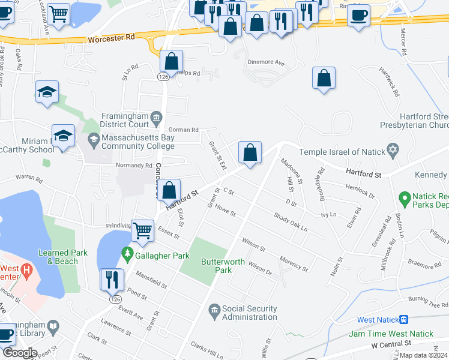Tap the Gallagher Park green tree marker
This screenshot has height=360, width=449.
tap(127, 256)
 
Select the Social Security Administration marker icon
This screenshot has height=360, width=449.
tap(214, 310)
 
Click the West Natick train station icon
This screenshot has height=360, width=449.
tap(405, 320)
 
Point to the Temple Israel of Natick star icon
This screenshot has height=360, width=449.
tap(393, 152)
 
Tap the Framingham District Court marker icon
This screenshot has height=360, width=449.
tap(157, 116)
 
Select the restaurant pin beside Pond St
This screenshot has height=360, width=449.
tap(112, 280)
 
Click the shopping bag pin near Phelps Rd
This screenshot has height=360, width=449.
tap(172, 61)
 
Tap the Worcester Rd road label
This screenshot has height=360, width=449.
tap(113, 38)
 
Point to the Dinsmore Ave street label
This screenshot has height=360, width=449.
tap(265, 62)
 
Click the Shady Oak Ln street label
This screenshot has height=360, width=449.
tap(290, 222)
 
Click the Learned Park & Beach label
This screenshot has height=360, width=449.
tap(59, 257)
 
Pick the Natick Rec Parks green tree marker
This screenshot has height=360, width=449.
tap(404, 196)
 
